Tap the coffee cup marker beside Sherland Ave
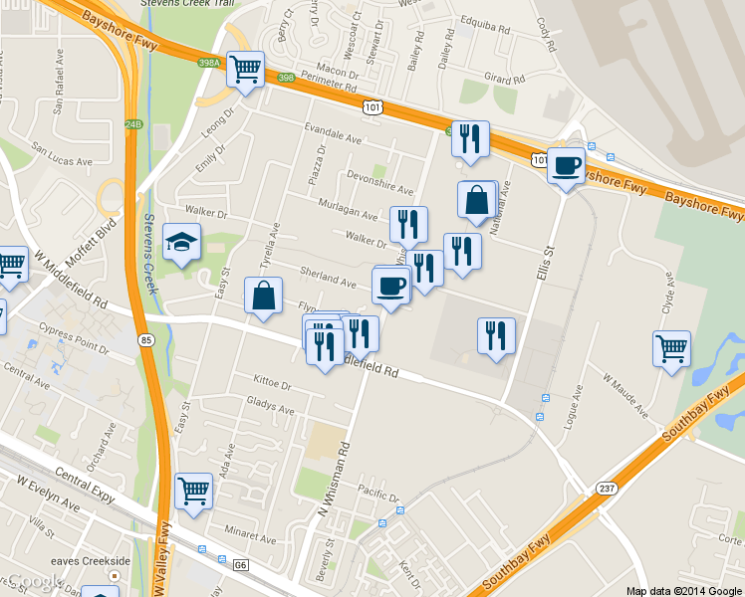[390, 287]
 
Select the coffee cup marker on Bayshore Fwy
[566, 165]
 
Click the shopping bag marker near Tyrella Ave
[263, 296]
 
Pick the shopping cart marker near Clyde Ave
[672, 349]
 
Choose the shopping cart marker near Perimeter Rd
[245, 70]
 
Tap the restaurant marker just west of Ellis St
[496, 335]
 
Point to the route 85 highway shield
[147, 340]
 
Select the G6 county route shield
[240, 564]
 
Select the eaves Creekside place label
[93, 561]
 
